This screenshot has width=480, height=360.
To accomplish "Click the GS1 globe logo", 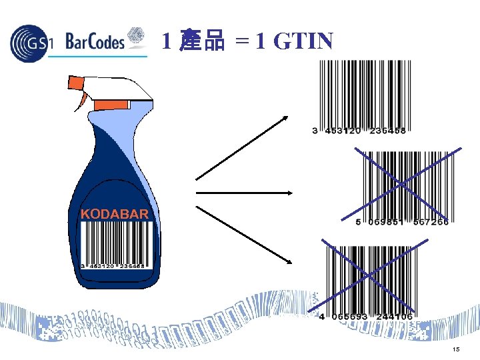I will pyautogui.click(x=30, y=42).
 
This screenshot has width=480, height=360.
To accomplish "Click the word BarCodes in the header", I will pyautogui.click(x=95, y=41).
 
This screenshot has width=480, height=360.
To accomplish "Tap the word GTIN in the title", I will pyautogui.click(x=303, y=42).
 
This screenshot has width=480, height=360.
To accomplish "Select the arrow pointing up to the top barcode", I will pyautogui.click(x=241, y=148).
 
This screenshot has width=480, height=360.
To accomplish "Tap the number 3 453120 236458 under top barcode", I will pyautogui.click(x=359, y=131).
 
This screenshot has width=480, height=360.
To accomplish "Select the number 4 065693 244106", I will pyautogui.click(x=366, y=316).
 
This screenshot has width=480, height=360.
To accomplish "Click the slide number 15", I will pyautogui.click(x=455, y=349).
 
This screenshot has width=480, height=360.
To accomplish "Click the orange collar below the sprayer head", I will pyautogui.click(x=111, y=105).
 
